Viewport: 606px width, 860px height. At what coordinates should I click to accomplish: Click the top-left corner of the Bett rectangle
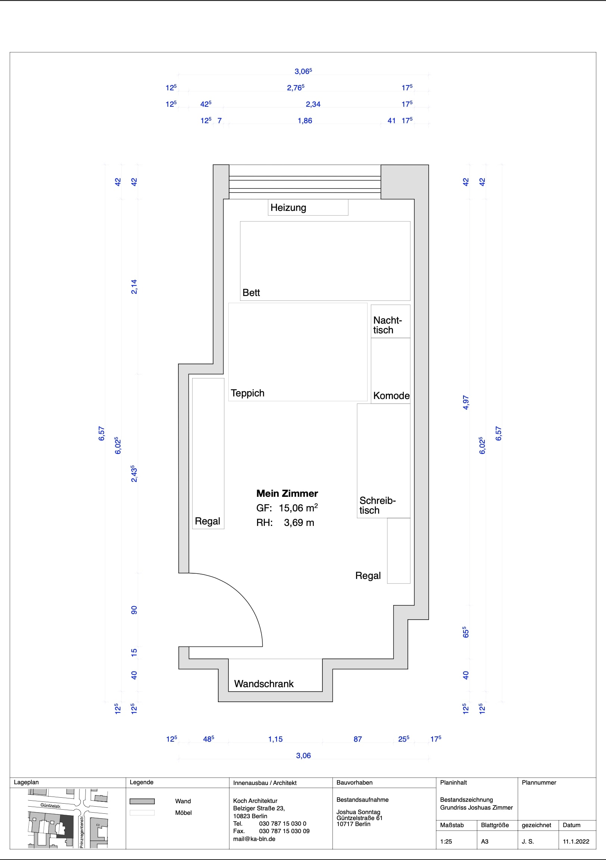[240, 222]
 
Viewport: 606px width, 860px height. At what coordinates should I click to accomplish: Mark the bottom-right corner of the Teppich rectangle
[367, 401]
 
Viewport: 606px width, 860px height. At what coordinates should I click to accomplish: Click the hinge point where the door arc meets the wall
[189, 573]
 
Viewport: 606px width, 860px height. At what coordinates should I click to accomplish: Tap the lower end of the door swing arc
[262, 646]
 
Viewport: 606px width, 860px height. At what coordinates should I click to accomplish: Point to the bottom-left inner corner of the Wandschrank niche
[228, 691]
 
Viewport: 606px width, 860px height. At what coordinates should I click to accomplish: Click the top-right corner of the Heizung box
[348, 200]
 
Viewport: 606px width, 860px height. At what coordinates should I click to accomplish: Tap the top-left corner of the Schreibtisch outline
[357, 404]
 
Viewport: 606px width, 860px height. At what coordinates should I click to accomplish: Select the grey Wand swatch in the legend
[142, 801]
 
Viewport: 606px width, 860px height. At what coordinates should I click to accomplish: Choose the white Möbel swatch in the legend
[142, 813]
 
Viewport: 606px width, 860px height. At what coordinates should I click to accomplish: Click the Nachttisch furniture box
[391, 321]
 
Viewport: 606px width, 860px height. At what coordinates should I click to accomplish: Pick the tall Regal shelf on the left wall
[208, 453]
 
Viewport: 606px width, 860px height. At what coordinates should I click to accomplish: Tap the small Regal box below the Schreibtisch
[399, 551]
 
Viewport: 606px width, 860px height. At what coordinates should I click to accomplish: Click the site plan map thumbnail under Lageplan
[68, 819]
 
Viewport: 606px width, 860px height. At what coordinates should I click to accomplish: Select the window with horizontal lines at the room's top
[305, 182]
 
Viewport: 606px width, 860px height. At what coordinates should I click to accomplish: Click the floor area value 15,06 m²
[298, 508]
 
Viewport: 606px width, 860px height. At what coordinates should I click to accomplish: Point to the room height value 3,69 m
[299, 523]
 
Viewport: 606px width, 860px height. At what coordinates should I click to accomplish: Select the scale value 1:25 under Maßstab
[446, 841]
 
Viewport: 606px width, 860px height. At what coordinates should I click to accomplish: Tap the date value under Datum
[576, 841]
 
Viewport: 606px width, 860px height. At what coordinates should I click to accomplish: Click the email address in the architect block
[254, 839]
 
